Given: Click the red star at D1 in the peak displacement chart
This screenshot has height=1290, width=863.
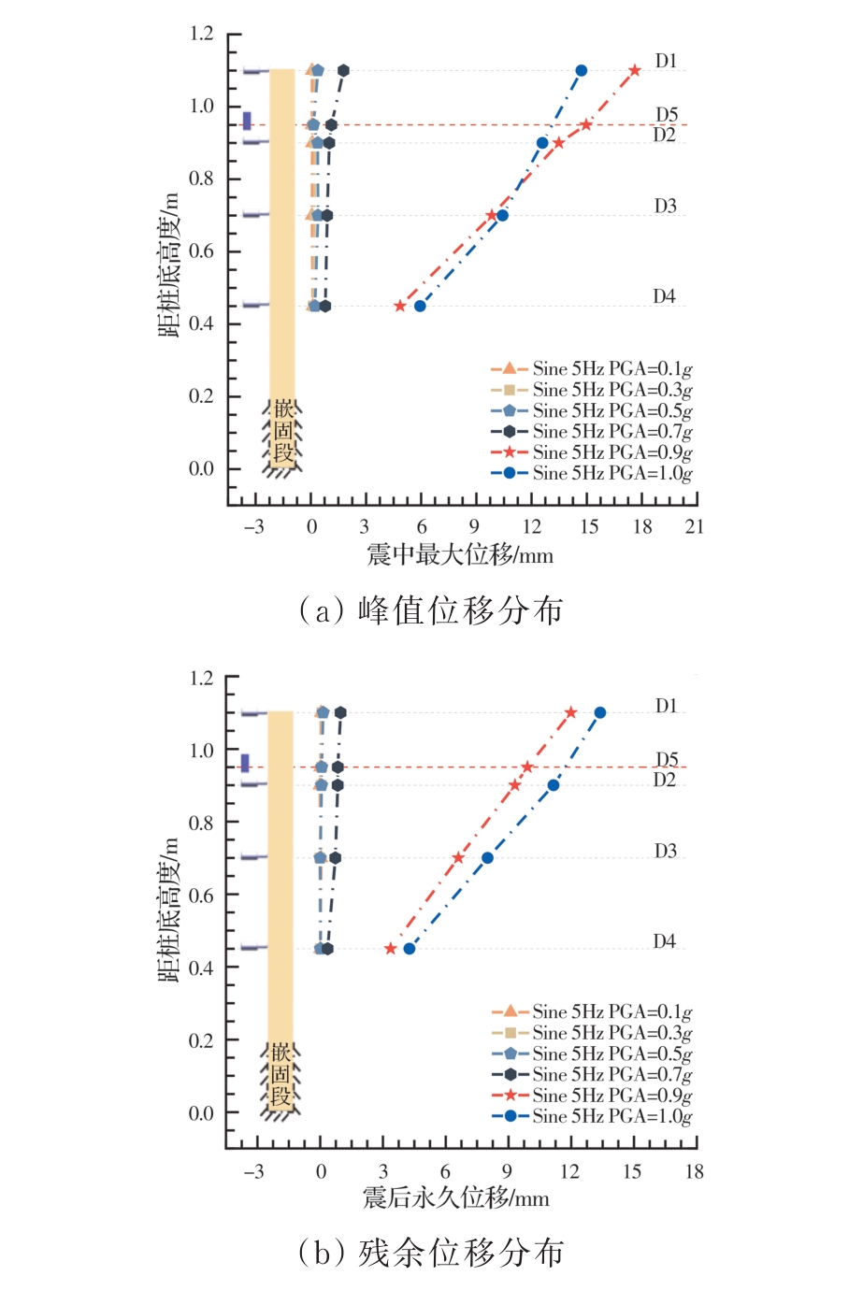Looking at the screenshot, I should (x=635, y=70).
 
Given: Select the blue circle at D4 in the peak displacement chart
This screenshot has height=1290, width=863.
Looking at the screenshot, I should (x=420, y=306).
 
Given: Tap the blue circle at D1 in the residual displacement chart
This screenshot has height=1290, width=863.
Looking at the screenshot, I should (x=600, y=712).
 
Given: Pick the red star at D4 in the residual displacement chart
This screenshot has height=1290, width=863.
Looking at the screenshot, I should (x=391, y=949).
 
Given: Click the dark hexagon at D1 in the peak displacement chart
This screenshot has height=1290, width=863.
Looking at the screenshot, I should (x=343, y=70).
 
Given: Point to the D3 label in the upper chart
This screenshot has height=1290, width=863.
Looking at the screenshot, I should (x=665, y=206).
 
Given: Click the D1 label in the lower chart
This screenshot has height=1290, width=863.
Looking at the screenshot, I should (x=666, y=706).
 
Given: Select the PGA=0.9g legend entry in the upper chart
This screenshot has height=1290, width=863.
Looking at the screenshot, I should (x=592, y=452).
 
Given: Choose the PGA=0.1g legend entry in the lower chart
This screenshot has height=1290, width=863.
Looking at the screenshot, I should (x=592, y=1011).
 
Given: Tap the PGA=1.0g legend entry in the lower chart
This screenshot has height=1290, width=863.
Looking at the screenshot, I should (x=592, y=1116).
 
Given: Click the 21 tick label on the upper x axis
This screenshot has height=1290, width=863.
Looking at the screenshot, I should (x=694, y=526).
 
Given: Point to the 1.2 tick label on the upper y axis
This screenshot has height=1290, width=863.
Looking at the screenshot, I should (x=202, y=34).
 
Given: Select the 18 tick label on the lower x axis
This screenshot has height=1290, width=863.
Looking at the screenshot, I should (x=694, y=1171).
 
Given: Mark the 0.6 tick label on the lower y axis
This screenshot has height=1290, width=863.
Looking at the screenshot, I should (x=202, y=895).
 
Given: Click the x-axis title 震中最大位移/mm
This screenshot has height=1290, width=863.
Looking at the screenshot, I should (x=460, y=555).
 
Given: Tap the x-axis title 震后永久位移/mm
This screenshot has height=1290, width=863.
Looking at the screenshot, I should (x=456, y=1198).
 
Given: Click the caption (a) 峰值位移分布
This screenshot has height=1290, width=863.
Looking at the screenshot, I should (x=431, y=610).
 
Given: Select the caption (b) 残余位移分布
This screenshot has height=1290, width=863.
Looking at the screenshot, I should (x=431, y=1253).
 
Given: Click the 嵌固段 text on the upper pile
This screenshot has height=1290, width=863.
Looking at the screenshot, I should (x=283, y=432).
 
